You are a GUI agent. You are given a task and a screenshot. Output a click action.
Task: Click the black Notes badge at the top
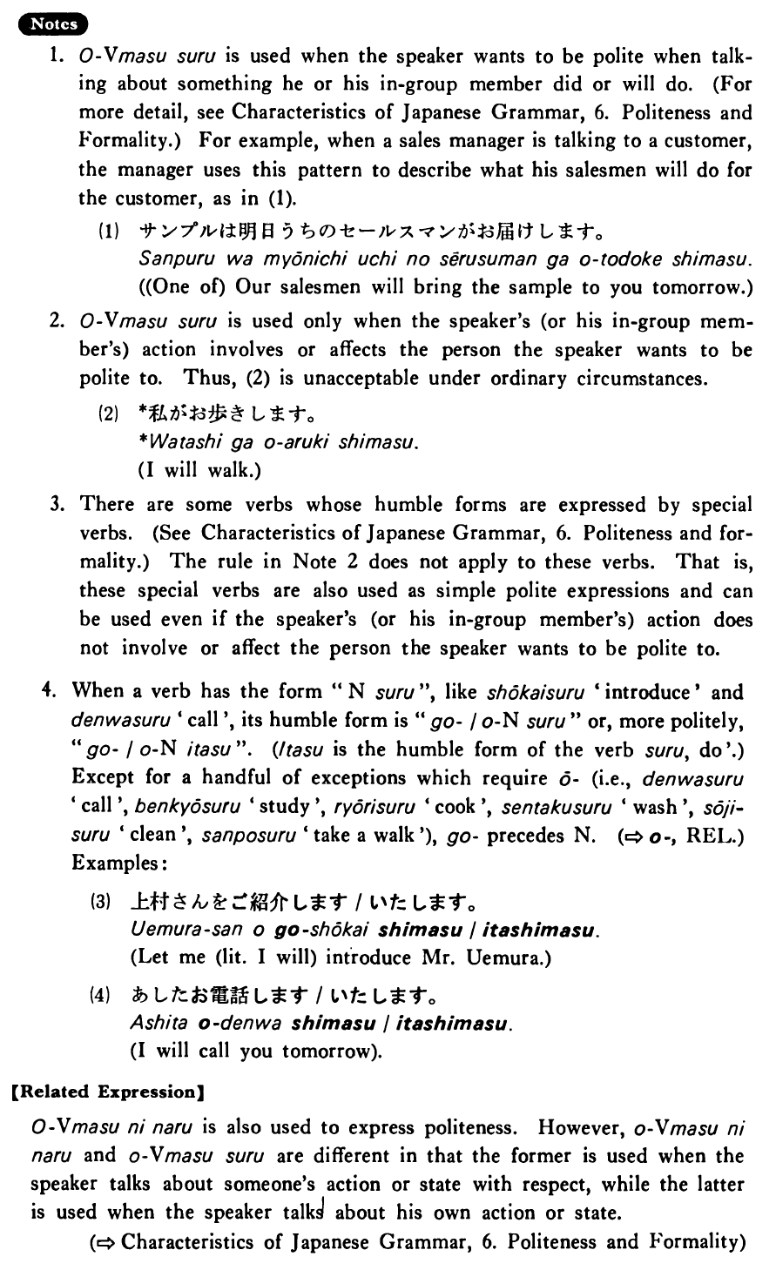(53, 24)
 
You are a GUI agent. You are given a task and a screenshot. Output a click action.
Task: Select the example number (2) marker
(110, 414)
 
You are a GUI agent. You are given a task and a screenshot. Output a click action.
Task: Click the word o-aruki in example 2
(284, 443)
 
